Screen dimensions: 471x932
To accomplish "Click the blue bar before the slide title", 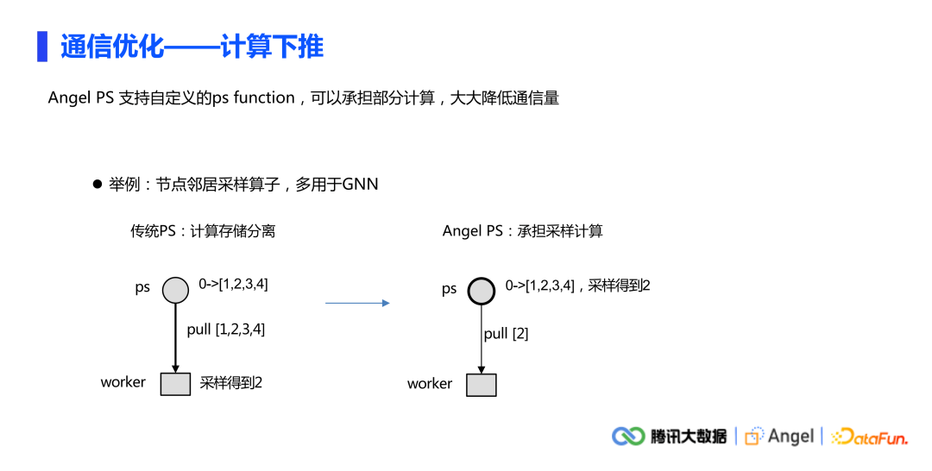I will coord(41,47).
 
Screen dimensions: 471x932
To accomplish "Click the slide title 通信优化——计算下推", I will coord(192,47).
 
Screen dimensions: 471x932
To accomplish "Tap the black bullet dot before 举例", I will coord(98,185).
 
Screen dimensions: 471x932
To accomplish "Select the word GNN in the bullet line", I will coord(360,185).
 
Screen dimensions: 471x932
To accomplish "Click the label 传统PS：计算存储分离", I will coord(203,231).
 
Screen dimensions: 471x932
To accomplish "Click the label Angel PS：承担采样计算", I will coord(522,231).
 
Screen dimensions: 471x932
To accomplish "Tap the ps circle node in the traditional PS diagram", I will coord(175,290).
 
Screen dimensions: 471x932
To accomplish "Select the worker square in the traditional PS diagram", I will coord(175,384).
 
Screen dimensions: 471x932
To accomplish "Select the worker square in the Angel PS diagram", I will coord(482,385).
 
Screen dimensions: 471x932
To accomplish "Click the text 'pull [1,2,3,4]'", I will coord(225,329).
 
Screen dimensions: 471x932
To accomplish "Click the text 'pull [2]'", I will coord(506,333).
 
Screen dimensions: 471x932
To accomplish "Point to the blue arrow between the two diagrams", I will coord(357,303).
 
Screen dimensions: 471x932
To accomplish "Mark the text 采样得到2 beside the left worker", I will coord(230,383).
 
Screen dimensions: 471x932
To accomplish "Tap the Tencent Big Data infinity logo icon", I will coord(628,436).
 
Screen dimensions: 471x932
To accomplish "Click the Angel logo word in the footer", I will coord(790,436).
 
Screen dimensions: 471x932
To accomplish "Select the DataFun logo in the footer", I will coord(870,437).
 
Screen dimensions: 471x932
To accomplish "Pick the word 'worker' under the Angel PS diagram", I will coord(430,384).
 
